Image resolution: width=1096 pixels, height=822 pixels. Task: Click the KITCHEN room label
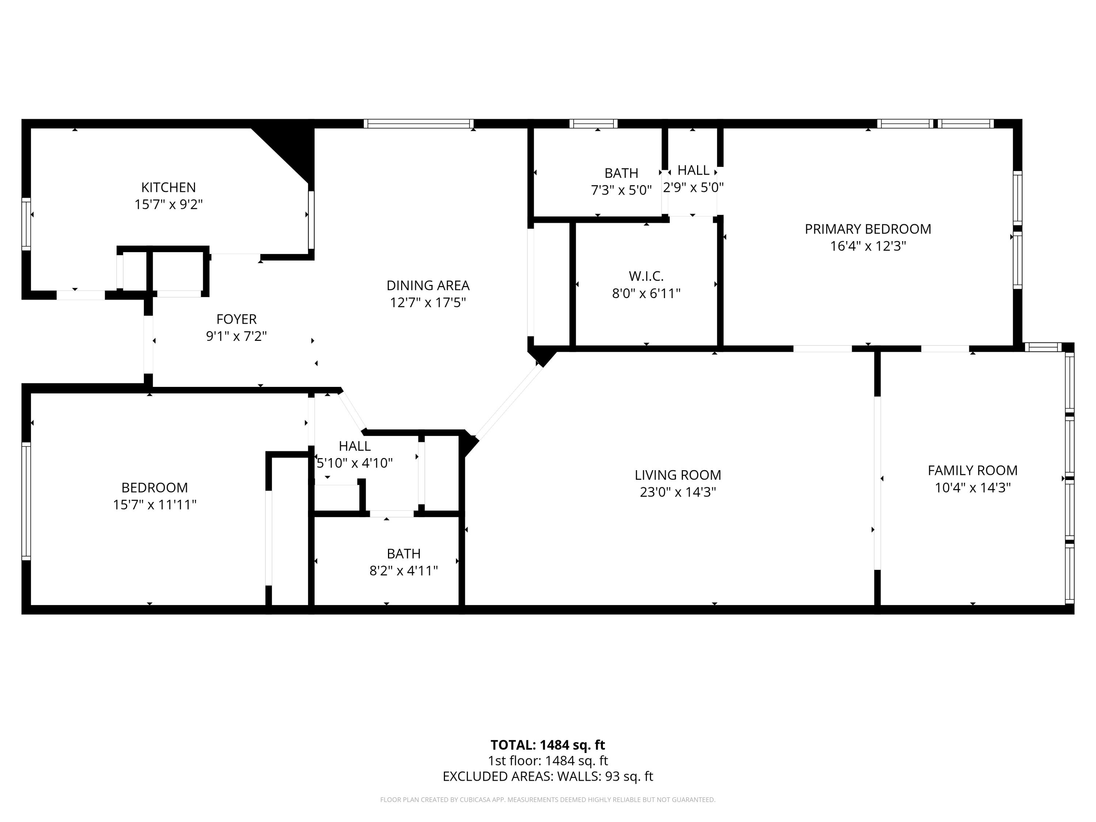tap(168, 187)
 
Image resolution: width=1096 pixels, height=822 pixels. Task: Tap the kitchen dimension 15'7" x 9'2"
tap(168, 204)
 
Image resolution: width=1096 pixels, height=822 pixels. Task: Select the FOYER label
tap(236, 319)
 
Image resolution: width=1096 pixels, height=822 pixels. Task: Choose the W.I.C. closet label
tap(646, 276)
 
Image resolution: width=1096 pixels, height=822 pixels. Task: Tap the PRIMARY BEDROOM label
tap(868, 229)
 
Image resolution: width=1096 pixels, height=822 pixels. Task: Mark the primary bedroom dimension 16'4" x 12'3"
tap(868, 246)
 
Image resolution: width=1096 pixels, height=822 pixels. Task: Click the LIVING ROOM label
tap(678, 475)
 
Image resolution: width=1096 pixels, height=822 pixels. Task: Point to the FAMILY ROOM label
tap(973, 470)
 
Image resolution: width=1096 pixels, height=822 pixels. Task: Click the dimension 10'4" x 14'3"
tap(973, 488)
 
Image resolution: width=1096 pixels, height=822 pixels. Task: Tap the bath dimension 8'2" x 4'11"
tap(404, 571)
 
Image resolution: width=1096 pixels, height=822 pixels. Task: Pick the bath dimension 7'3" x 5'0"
tap(621, 190)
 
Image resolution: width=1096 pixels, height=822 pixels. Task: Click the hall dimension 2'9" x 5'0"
tap(693, 187)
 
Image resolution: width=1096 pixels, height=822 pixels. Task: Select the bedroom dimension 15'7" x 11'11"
tap(155, 505)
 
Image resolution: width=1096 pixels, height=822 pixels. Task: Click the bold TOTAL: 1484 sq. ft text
tap(548, 745)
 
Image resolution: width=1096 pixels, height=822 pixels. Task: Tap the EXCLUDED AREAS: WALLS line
tap(548, 776)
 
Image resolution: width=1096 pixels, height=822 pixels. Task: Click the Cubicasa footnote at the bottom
tap(548, 800)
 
